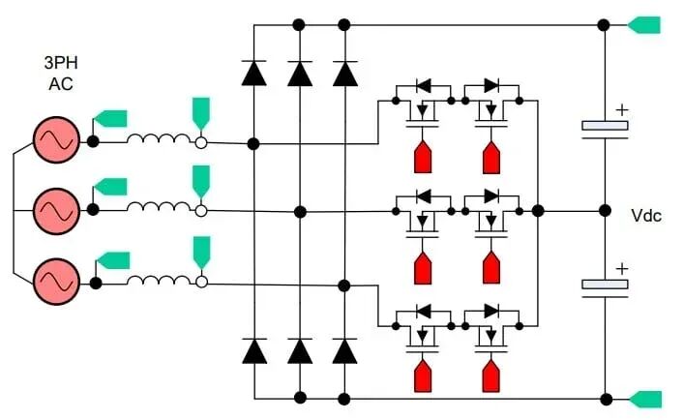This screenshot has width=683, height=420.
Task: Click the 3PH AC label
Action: (61, 74)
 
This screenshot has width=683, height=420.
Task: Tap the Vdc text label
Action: (646, 216)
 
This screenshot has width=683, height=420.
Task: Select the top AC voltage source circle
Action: (57, 140)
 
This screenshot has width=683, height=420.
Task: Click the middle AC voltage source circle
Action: (57, 211)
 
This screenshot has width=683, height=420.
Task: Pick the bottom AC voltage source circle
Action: (57, 282)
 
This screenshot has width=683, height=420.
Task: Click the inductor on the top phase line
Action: (159, 138)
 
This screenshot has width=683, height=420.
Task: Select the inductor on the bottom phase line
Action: (159, 280)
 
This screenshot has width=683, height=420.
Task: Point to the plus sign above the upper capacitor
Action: (622, 109)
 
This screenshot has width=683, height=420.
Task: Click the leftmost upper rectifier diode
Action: (253, 73)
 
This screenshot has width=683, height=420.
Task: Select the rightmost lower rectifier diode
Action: (344, 350)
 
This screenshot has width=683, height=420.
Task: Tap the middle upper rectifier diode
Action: (300, 74)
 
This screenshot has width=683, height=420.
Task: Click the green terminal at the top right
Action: (644, 25)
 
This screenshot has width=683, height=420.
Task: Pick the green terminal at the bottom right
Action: (646, 400)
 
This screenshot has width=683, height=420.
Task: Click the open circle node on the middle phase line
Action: (201, 211)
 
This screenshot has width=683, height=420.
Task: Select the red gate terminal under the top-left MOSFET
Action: (423, 157)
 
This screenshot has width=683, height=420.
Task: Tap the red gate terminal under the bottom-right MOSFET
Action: (491, 376)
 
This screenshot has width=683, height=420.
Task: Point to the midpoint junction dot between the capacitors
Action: (605, 211)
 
